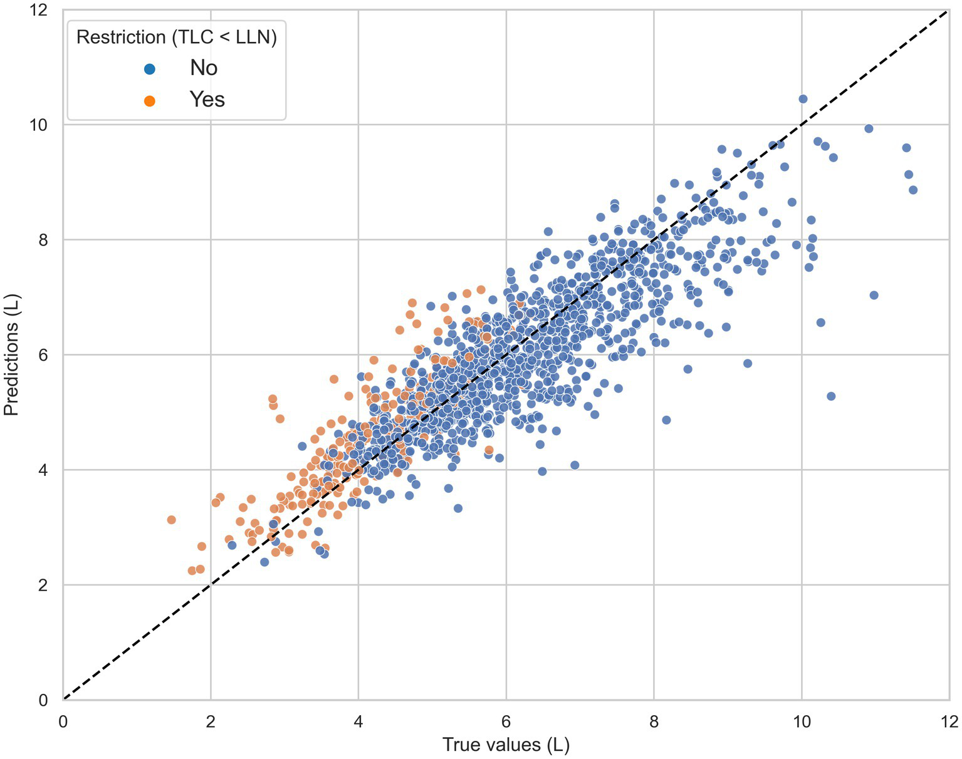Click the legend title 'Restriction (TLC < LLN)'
176,37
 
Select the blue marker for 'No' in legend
149,69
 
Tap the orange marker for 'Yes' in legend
149,100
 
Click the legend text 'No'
204,68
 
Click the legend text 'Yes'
207,100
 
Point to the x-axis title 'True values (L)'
506,745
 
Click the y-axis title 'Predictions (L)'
11,354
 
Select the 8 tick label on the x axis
654,722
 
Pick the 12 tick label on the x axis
949,722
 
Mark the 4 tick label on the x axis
358,722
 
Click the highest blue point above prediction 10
803,99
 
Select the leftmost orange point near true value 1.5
171,520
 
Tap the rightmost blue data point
912,190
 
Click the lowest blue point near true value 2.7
264,562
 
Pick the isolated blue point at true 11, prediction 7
874,295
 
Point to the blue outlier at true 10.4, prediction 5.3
831,396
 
